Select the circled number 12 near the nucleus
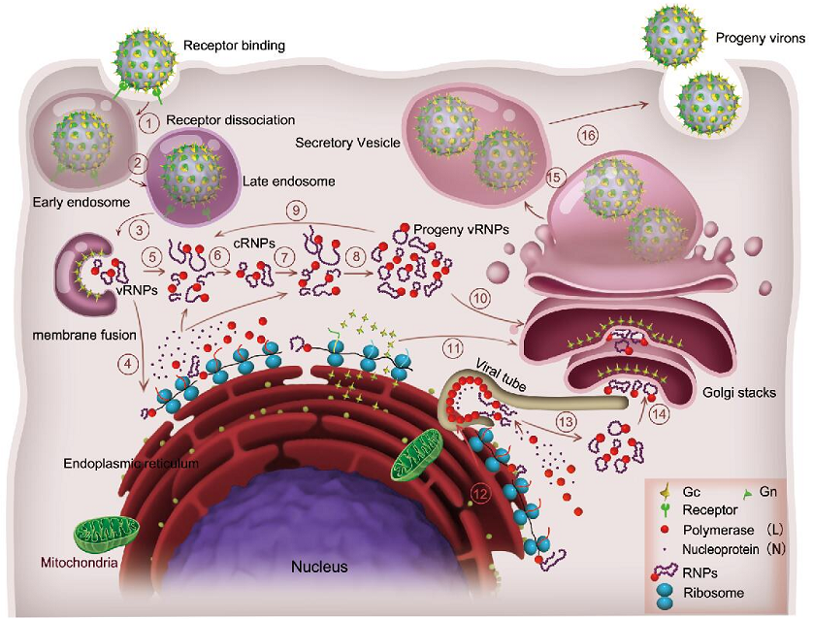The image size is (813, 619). [477, 493]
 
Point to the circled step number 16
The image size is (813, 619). [587, 136]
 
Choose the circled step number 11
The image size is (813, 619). [449, 346]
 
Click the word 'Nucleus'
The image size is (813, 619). [320, 567]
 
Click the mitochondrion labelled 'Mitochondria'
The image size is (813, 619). [107, 531]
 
